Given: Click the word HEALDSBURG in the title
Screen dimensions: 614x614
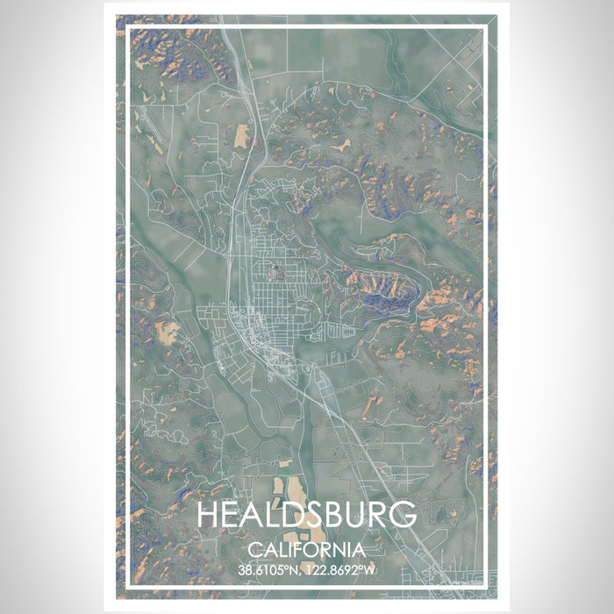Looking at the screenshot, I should point(307,516).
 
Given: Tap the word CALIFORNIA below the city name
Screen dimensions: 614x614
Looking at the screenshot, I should point(307,550).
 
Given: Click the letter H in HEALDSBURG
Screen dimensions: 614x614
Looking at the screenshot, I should point(209,516).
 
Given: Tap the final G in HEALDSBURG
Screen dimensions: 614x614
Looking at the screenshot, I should point(403,516).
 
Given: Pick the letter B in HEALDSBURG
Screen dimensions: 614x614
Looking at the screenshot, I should point(340,516).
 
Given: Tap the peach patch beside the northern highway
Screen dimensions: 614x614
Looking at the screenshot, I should point(241,135).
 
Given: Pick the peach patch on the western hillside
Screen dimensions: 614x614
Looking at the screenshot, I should point(166,331).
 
